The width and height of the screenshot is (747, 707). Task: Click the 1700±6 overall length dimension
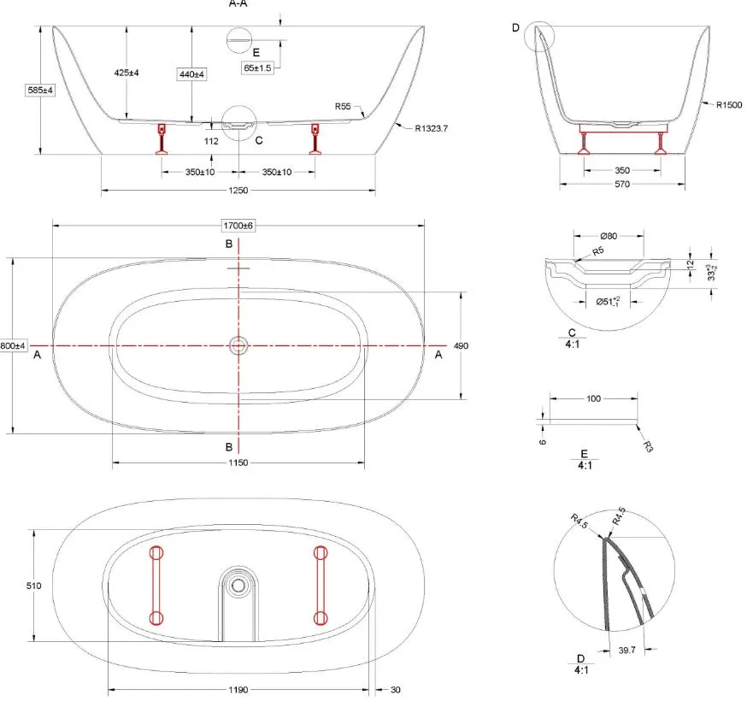pos(238,225)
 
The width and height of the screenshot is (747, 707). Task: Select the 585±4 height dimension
pos(39,89)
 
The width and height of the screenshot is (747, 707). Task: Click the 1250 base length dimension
pos(238,191)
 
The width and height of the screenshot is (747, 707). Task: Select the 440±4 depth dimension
pos(191,74)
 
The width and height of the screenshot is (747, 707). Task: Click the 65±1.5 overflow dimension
pos(257,68)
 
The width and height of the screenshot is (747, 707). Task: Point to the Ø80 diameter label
pos(607,236)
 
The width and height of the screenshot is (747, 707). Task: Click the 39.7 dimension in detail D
pos(626,651)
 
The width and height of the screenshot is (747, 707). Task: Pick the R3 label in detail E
pos(649,446)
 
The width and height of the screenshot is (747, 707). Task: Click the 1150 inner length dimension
pos(238,462)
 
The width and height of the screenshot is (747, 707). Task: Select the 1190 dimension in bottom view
pos(238,688)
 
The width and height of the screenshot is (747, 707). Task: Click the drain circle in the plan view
pos(238,345)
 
